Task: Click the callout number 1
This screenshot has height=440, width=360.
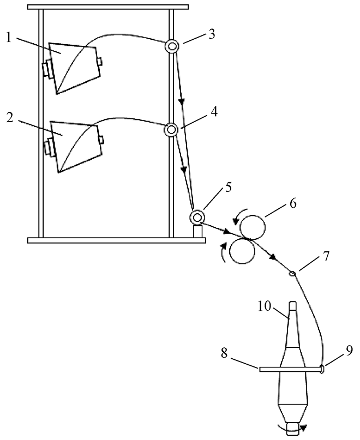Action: coord(9,37)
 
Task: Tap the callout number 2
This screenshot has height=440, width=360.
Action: coord(10,118)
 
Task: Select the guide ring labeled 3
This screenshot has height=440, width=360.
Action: coord(172,46)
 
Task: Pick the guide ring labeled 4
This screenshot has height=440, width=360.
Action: coord(171,130)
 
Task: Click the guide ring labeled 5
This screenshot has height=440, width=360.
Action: coord(197,217)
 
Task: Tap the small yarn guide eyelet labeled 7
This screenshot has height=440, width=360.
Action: coord(292,273)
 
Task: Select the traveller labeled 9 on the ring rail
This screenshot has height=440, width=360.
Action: coord(322,369)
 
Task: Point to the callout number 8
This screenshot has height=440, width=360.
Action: coord(224,353)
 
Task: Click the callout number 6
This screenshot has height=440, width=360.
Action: coord(292,203)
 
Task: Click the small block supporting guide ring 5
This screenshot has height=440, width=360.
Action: coord(197,231)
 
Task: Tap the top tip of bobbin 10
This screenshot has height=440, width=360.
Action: coord(292,302)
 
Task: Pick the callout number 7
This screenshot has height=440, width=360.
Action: coord(326,257)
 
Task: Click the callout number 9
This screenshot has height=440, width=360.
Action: coord(349,351)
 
